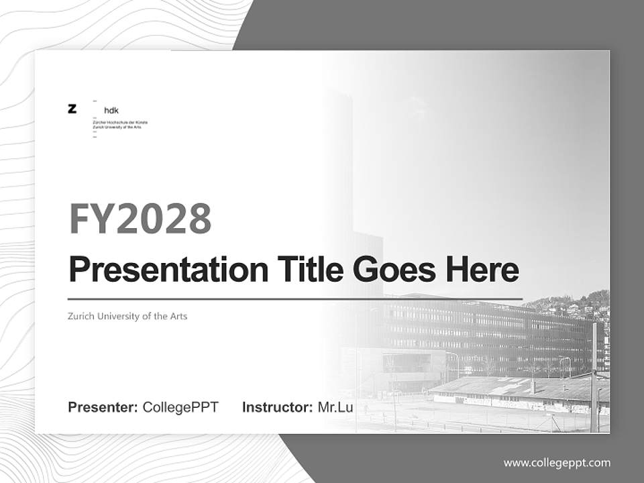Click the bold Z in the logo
tap(72, 109)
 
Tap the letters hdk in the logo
tap(111, 111)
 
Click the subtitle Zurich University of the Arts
tap(127, 316)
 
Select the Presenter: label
tap(103, 407)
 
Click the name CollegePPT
tap(180, 407)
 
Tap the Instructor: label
tap(277, 407)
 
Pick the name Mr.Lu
tap(335, 407)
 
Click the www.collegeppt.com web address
tap(557, 463)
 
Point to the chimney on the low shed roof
tap(533, 386)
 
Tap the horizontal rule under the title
tap(295, 299)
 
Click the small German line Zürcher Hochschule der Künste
tap(120, 123)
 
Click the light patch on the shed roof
tap(503, 388)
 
